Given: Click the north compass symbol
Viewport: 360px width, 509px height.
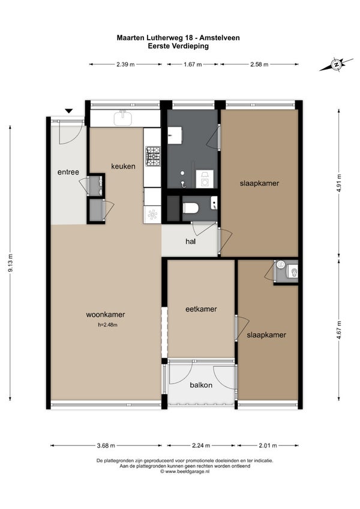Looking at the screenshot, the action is click(337, 64).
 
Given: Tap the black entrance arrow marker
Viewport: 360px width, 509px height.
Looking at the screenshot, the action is click(68, 111).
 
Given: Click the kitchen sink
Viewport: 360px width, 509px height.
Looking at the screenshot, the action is click(123, 118).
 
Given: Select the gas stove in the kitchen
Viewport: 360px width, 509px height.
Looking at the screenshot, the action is click(153, 157).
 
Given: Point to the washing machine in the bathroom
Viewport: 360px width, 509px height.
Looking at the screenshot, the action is click(205, 179).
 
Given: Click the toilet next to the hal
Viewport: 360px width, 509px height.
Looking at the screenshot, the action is click(191, 208).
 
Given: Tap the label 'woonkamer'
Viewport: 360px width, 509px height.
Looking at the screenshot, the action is click(106, 315).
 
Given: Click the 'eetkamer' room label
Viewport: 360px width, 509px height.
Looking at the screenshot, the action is click(201, 309).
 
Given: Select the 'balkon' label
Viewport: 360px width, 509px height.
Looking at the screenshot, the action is click(201, 385).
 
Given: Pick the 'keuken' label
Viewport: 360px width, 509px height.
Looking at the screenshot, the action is click(124, 166).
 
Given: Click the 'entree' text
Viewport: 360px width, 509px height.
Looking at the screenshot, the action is click(68, 172).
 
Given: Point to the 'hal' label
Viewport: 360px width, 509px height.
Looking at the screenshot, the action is click(191, 241).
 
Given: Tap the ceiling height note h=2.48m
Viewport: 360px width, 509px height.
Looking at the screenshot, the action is click(108, 325).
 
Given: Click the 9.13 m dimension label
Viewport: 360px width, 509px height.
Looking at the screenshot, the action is click(10, 263).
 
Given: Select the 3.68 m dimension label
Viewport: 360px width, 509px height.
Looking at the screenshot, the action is click(106, 445).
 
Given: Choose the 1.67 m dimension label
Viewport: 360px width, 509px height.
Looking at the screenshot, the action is click(193, 64).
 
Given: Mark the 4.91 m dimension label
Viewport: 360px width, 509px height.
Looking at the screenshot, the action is click(339, 183).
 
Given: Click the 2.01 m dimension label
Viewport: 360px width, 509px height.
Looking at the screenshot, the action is click(268, 445).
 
